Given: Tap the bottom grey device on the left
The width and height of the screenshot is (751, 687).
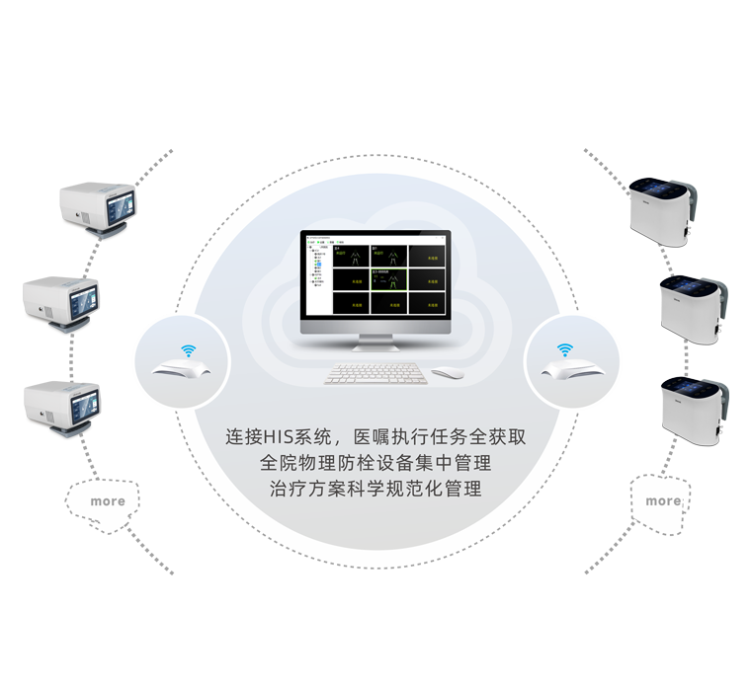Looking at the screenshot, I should point(62,404).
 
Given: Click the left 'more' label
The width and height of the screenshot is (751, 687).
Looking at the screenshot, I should point(108,501).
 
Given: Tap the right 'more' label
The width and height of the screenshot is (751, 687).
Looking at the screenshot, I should point(662,500).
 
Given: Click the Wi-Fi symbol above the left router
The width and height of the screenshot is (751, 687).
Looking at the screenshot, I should point(186,350).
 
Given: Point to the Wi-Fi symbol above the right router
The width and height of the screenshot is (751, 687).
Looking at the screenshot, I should point(564,349).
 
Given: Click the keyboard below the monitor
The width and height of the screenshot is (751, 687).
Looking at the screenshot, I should point(375,374).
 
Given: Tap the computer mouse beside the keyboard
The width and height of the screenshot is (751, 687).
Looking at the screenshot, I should point(447,373).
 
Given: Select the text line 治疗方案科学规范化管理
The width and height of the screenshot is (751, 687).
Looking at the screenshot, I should point(375,488).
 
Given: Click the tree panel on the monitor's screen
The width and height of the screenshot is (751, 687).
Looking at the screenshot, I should point(318,273).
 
